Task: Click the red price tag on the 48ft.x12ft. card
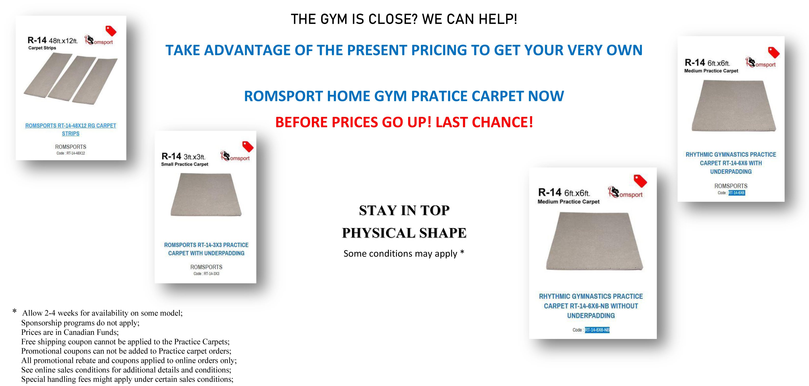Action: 111,31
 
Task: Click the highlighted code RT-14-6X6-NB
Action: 597,330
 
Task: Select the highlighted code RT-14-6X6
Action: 737,193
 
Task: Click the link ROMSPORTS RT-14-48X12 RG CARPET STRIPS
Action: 71,129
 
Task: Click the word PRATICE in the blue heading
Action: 439,96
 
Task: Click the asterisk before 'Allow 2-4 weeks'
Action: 14,311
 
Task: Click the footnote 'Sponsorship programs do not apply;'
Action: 80,323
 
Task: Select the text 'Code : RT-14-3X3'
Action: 206,274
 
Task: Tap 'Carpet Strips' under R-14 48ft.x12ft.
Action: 42,48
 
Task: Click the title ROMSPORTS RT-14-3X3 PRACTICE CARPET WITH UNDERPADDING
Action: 206,249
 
